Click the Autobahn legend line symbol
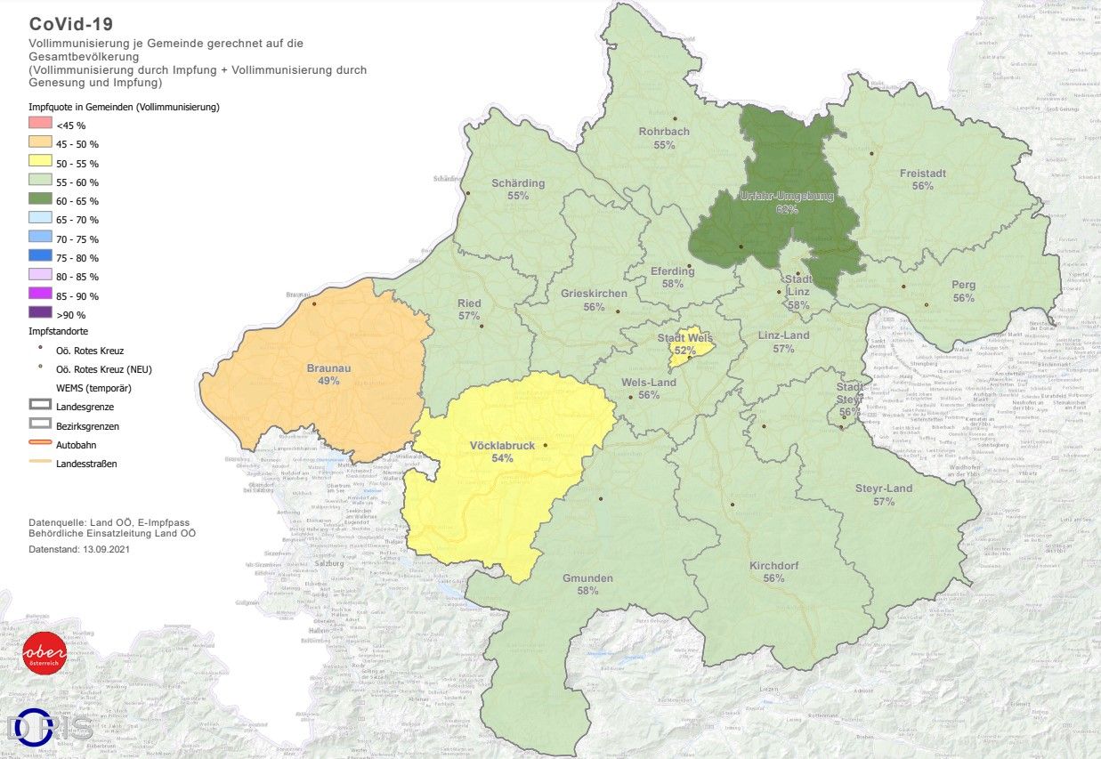click(41, 444)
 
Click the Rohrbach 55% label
click(664, 138)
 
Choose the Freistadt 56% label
click(922, 180)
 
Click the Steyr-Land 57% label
click(883, 495)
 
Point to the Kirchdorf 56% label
click(773, 571)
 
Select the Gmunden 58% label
click(587, 584)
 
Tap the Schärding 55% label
click(517, 190)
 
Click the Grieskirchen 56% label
click(594, 300)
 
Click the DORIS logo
click(50, 727)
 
